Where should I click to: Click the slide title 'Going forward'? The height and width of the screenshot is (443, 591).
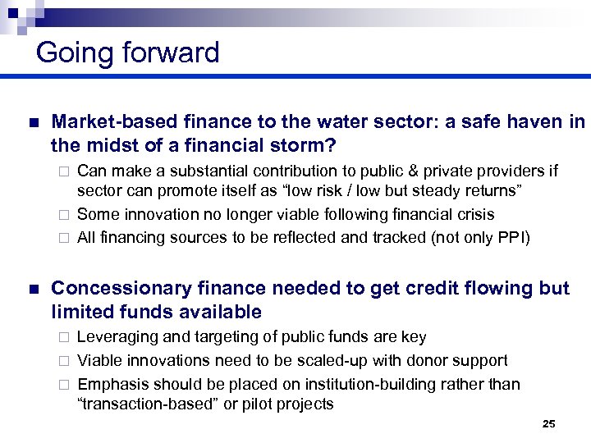point(128,53)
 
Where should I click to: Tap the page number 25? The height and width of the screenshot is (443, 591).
point(549,424)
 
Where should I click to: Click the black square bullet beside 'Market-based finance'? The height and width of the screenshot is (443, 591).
point(32,123)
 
